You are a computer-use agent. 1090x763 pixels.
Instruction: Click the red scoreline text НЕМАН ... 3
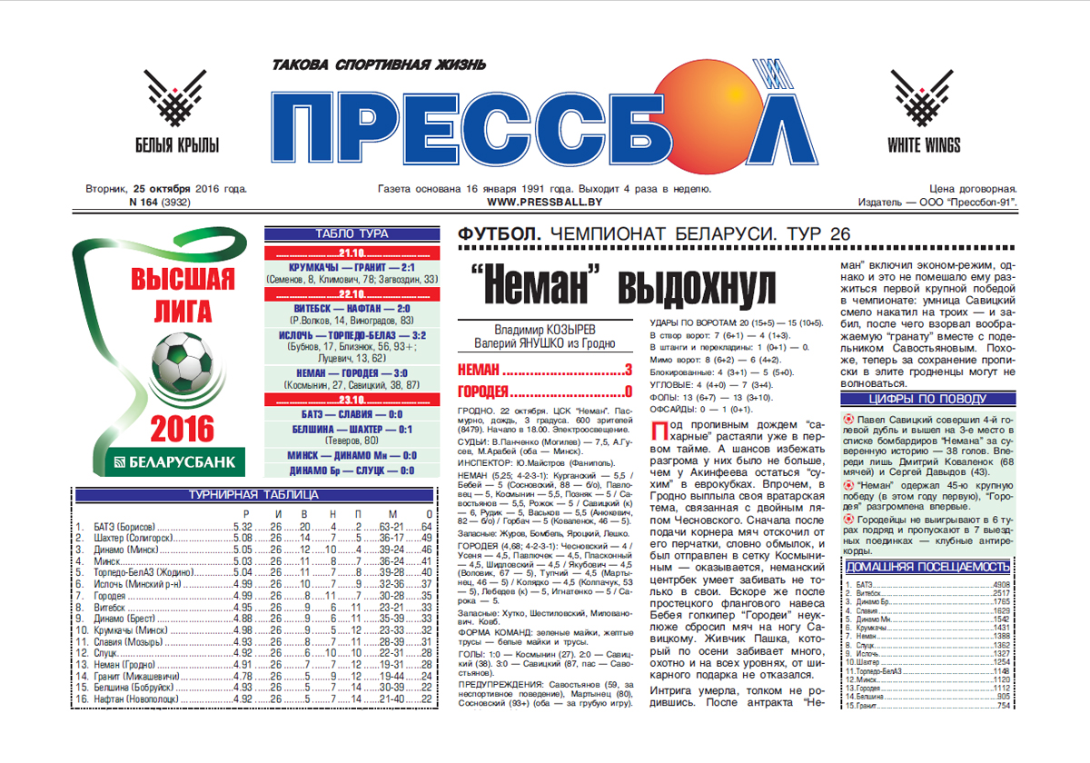[544, 370]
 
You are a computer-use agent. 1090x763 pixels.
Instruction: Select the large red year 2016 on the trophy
[183, 427]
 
